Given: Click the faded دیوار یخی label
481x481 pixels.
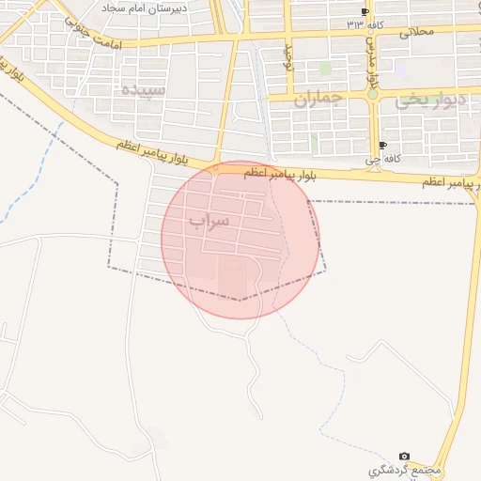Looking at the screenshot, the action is (x=430, y=99).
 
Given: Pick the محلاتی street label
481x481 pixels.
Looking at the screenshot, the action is (x=420, y=32).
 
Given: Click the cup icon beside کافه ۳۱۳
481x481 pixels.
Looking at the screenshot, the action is (x=365, y=11).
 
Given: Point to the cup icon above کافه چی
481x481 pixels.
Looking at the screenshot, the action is (x=382, y=145).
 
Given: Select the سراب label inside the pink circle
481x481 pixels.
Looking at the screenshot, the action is (x=208, y=222).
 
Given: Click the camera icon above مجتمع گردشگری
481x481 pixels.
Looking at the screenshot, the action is (x=405, y=455).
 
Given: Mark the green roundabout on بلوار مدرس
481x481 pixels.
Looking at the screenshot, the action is (x=373, y=94).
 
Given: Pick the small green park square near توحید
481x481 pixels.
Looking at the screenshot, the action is (x=325, y=69).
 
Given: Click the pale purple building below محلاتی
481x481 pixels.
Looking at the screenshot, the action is (x=401, y=69).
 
